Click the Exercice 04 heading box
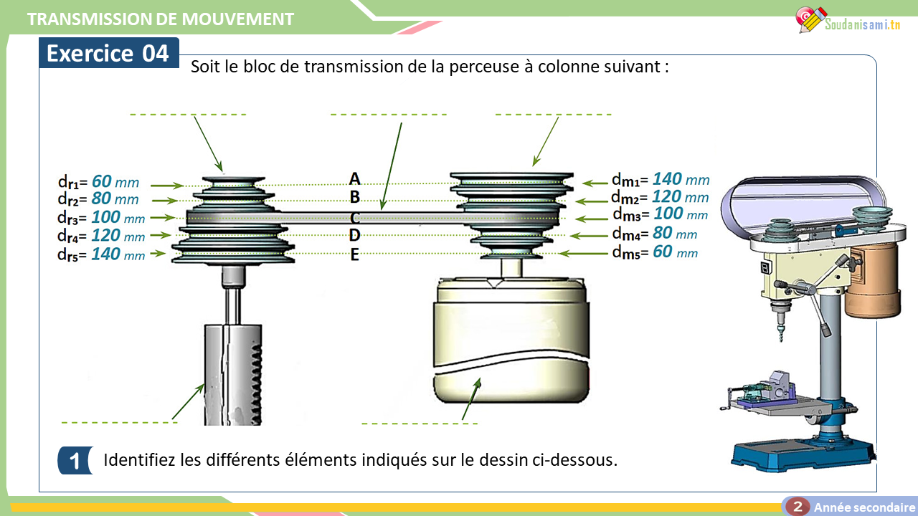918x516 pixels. tap(108, 54)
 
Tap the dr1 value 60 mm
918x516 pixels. tap(115, 182)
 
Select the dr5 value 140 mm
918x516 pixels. tap(118, 254)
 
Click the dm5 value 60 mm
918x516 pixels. tap(674, 252)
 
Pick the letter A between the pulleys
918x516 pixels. tap(354, 178)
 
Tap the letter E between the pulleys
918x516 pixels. tap(354, 254)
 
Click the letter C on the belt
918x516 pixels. tap(355, 217)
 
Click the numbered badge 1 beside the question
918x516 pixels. tap(75, 461)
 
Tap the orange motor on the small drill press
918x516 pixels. tap(871, 279)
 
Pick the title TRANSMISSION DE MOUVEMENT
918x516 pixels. tap(161, 19)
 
